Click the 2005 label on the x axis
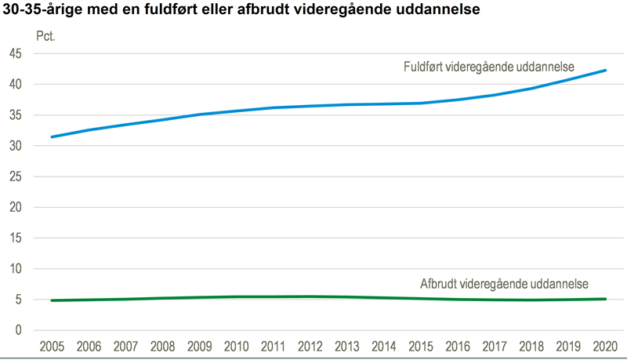click(52, 346)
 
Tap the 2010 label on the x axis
click(236, 346)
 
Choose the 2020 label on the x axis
click(604, 346)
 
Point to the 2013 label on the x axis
click(346, 346)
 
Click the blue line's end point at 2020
click(605, 71)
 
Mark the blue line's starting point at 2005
click(52, 136)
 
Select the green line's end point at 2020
click(605, 299)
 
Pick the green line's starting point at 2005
click(52, 300)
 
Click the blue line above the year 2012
click(310, 106)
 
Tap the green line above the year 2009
click(199, 297)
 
